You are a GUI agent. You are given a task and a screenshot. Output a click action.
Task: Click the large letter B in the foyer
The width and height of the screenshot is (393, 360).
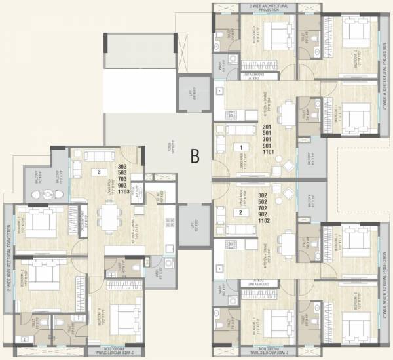pos(195,155)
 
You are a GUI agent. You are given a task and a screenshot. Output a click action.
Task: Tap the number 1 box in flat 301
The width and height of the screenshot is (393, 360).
pos(241,147)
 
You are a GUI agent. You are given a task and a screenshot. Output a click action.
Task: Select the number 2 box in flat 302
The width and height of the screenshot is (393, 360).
pos(241,212)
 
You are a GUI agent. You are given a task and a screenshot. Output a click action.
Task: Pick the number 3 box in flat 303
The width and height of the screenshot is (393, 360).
pos(98,172)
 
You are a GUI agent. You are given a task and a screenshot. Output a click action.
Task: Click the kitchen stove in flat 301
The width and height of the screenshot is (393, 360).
pos(232,115)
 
